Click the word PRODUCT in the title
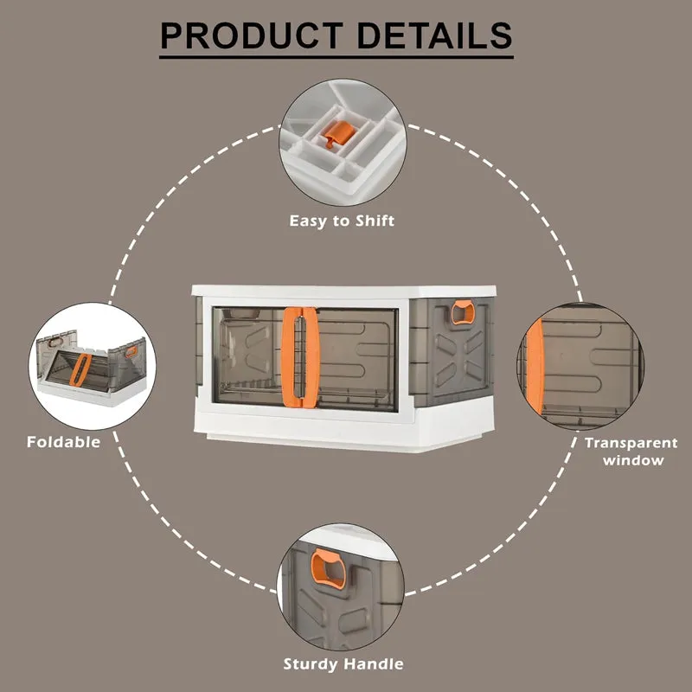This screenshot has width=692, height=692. pos(252,35)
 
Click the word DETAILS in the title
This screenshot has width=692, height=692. pos(434,35)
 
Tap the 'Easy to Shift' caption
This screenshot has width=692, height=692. pos(342,221)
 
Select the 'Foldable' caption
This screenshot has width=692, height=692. pos(63,442)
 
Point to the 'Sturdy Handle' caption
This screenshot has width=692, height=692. pos(343,663)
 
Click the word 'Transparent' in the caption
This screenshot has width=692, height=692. pos(631,443)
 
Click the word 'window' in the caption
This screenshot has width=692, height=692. pos(633,460)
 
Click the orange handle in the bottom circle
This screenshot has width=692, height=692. pos(329,569)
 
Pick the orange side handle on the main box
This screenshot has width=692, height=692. pos(463,312)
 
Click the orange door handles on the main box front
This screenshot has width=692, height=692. pos(300,357)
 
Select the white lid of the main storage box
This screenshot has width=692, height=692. pos(343,291)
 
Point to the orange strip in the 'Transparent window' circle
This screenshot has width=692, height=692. pos(535,367)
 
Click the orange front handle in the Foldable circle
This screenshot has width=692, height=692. pos(80,370)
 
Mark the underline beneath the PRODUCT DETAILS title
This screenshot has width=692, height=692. pos(336,57)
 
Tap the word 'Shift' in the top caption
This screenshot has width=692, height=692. pos(375,221)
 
